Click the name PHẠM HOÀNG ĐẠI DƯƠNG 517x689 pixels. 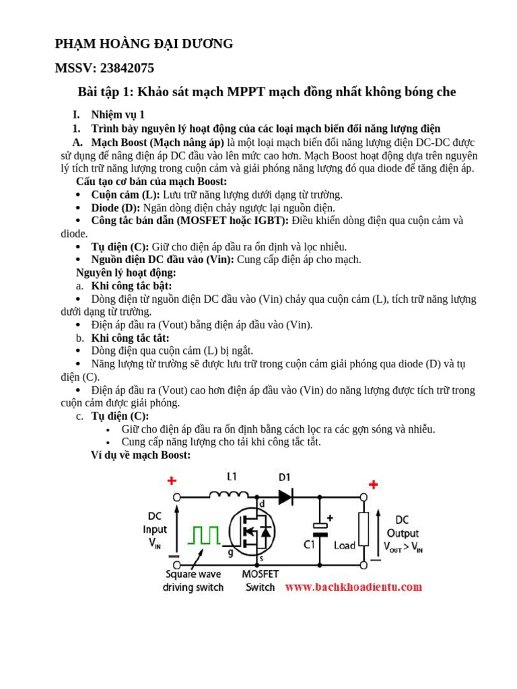(144, 44)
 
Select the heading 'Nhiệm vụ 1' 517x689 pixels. (117, 115)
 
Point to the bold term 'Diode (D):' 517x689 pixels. (115, 208)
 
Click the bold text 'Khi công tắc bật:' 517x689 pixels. (131, 286)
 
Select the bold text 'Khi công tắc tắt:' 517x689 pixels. (130, 338)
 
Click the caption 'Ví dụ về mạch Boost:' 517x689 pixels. (141, 456)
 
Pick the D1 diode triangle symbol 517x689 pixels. (285, 497)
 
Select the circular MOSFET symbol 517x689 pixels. (252, 529)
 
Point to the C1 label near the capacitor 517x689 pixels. (310, 545)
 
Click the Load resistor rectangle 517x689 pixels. (364, 528)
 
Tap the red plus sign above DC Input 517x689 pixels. (172, 481)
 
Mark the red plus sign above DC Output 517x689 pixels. (373, 484)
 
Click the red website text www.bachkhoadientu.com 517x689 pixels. (354, 587)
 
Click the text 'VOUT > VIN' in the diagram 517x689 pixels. (403, 547)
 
